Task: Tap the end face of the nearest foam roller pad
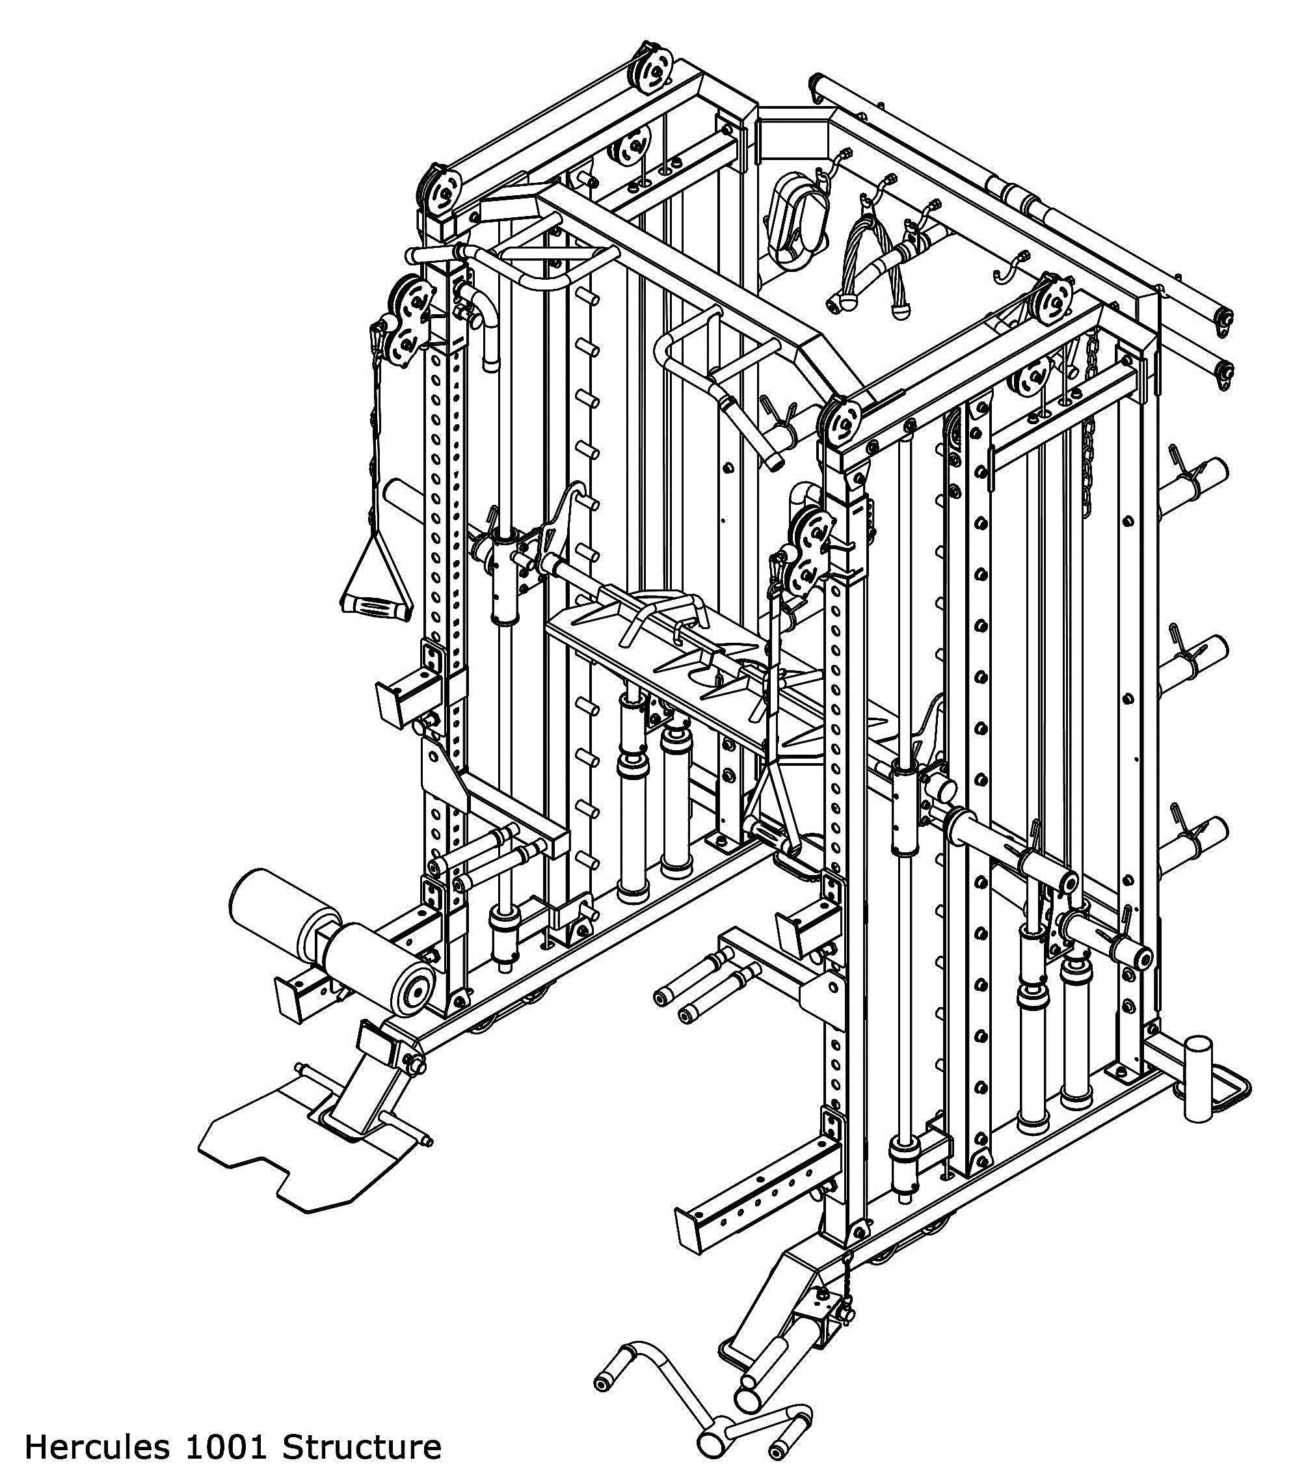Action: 413,993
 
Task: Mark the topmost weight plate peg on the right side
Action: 1198,476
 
